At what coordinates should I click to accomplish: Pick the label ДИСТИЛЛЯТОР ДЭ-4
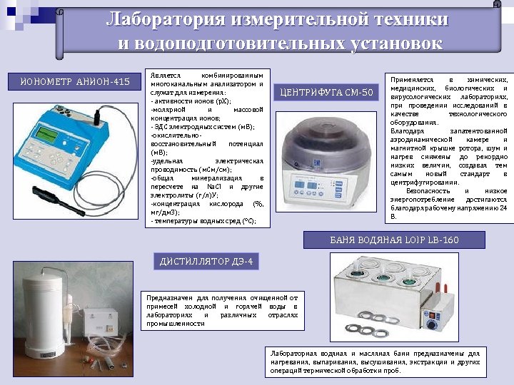tap(205, 262)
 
